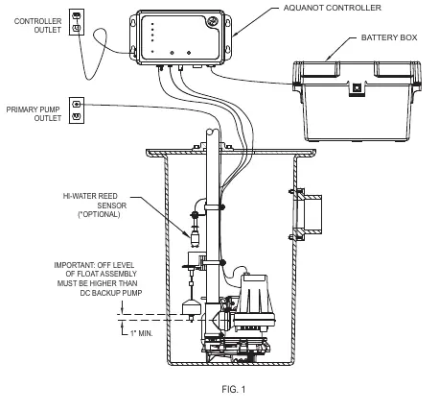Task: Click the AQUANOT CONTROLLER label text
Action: coord(333,8)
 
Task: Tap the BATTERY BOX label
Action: coord(389,37)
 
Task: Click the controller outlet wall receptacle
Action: coord(77,22)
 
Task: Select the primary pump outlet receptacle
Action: coord(77,110)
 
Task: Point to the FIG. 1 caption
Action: coord(234,390)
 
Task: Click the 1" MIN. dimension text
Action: coord(142,333)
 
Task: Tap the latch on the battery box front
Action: coord(357,88)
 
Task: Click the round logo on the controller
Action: coord(212,22)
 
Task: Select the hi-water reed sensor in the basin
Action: coord(195,235)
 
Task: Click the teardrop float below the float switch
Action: coord(191,307)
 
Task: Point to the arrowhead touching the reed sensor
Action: coord(187,234)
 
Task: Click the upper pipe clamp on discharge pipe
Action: coord(214,207)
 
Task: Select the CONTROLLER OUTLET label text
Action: coord(38,26)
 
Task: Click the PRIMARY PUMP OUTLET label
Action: coord(34,114)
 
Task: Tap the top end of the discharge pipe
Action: coord(213,132)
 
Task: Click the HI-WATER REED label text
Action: coord(90,196)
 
